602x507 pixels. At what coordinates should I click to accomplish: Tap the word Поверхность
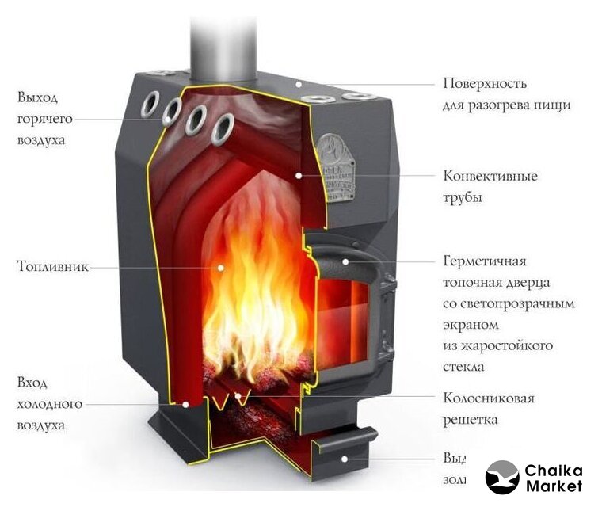pos(485,83)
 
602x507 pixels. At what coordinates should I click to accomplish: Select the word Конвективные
pos(490,176)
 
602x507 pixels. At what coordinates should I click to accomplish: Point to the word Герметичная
pos(486,261)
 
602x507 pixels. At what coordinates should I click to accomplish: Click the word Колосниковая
pos(489,398)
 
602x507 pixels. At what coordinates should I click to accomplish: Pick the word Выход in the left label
pos(37,97)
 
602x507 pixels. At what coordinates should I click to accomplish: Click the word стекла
pos(464,367)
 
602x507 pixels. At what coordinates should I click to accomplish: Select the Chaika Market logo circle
pos(502,478)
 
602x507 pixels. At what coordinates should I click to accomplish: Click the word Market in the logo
pos(554,486)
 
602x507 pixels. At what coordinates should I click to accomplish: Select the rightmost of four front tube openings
pos(224,127)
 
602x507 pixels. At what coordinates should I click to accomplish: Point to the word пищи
pos(554,105)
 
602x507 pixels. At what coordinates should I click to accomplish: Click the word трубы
pos(463,197)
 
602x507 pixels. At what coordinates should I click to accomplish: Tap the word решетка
pos(471,419)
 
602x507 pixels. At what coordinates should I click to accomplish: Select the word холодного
pos(49,404)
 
